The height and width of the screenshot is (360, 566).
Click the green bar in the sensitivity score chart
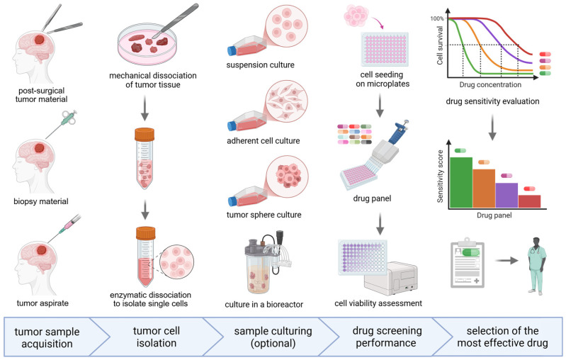pyautogui.click(x=461, y=182)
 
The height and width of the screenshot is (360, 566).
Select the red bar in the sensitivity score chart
pyautogui.click(x=530, y=201)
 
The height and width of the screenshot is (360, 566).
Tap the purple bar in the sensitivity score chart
pyautogui.click(x=506, y=196)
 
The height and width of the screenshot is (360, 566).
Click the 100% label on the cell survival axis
pyautogui.click(x=437, y=18)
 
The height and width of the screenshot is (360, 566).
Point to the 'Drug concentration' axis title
pyautogui.click(x=490, y=84)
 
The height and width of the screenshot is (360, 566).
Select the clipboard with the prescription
pyautogui.click(x=468, y=263)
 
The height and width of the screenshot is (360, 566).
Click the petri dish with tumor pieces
pyautogui.click(x=147, y=44)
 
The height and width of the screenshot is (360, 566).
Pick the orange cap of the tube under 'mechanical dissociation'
pyautogui.click(x=145, y=134)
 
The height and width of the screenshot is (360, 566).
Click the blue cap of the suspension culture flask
pyautogui.click(x=232, y=50)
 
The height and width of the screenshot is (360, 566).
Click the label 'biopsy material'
pyautogui.click(x=41, y=201)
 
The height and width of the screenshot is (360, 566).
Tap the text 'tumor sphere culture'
pyautogui.click(x=264, y=215)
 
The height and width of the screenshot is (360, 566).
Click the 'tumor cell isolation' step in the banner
pyautogui.click(x=157, y=337)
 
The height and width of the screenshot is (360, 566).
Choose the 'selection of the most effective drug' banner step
pyautogui.click(x=502, y=337)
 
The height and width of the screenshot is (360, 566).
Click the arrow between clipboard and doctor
pyautogui.click(x=506, y=260)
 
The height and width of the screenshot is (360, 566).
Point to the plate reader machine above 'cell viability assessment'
pyautogui.click(x=391, y=276)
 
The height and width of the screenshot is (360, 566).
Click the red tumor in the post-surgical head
pyautogui.click(x=40, y=39)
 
